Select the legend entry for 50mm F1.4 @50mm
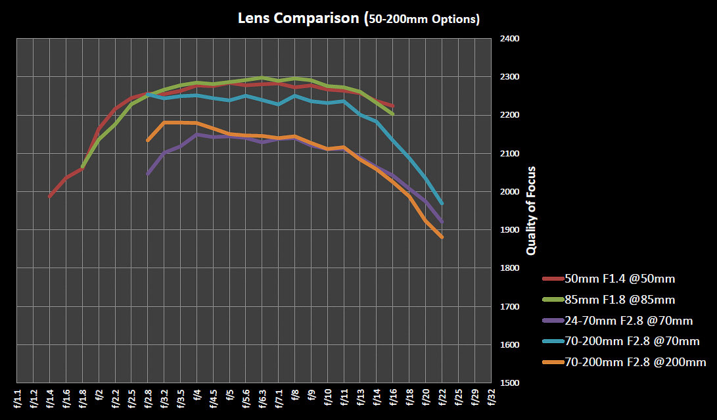click(x=620, y=279)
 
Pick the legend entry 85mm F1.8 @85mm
click(x=620, y=300)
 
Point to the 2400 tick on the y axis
click(x=510, y=39)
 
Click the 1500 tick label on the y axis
click(x=510, y=383)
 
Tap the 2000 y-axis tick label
click(x=510, y=192)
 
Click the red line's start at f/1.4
click(x=50, y=196)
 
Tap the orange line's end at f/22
click(x=442, y=237)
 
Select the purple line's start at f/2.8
click(x=148, y=174)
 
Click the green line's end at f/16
click(x=392, y=114)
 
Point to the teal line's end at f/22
click(x=442, y=203)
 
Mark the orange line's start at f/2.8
click(x=148, y=140)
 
